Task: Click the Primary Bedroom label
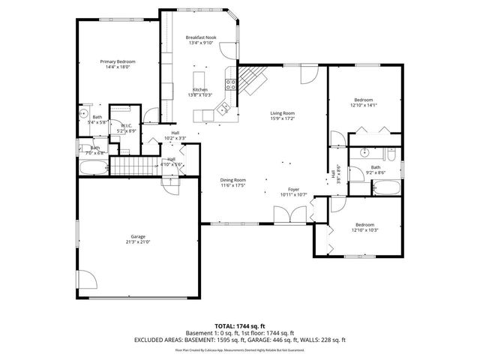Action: click(115, 61)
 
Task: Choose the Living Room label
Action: click(282, 113)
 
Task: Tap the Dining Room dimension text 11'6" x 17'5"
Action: click(232, 185)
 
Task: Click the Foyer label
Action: click(293, 189)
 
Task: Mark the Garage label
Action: click(138, 236)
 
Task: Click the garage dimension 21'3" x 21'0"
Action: click(138, 242)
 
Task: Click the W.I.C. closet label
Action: click(127, 126)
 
